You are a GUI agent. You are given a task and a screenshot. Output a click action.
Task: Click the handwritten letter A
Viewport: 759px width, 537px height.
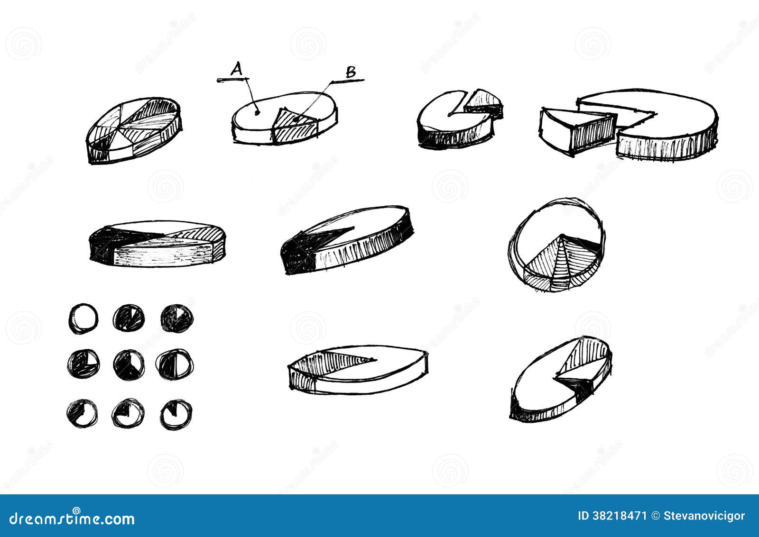pyautogui.click(x=236, y=70)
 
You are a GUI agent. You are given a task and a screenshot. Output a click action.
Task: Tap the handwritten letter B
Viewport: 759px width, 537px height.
pyautogui.click(x=351, y=72)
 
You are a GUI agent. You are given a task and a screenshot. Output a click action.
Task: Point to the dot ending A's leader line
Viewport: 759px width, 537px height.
pyautogui.click(x=257, y=113)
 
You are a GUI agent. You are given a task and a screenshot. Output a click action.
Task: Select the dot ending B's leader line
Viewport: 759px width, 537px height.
pyautogui.click(x=296, y=118)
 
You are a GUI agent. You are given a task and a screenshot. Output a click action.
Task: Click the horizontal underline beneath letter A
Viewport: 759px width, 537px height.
pyautogui.click(x=230, y=80)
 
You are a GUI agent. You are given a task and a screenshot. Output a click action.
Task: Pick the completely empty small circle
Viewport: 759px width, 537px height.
pyautogui.click(x=83, y=318)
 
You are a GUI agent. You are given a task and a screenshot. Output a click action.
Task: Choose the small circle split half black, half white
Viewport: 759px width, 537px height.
pyautogui.click(x=175, y=364)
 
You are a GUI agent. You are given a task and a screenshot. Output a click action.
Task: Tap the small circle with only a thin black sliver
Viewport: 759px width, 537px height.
pyautogui.click(x=175, y=414)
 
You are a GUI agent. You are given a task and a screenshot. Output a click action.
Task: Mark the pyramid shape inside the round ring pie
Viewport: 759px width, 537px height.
pyautogui.click(x=560, y=263)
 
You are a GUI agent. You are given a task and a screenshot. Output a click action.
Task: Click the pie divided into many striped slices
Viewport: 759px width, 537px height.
pyautogui.click(x=134, y=129)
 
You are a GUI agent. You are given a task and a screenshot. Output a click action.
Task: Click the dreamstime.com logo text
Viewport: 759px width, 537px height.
pyautogui.click(x=72, y=519)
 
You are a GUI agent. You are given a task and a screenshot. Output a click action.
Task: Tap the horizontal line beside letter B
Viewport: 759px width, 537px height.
pyautogui.click(x=348, y=81)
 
